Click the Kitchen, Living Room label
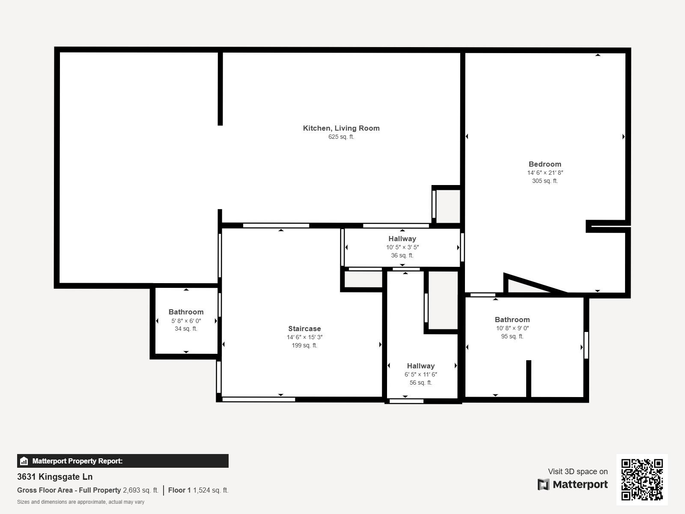tap(341, 128)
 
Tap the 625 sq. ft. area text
tap(341, 137)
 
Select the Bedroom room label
tap(545, 164)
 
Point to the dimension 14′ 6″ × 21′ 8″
tap(545, 173)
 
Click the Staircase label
tap(304, 329)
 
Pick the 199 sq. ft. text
tap(304, 345)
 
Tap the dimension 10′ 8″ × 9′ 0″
tap(512, 328)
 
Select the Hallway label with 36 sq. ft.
tap(402, 239)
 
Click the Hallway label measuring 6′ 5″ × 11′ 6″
tap(420, 366)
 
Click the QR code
tap(642, 479)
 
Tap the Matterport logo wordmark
tap(573, 484)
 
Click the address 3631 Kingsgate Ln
tap(55, 477)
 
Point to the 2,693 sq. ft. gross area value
tap(140, 490)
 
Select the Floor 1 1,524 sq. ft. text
tap(198, 490)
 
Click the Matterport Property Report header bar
tap(122, 461)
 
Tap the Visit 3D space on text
tap(578, 472)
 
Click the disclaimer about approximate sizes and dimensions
tap(80, 502)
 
